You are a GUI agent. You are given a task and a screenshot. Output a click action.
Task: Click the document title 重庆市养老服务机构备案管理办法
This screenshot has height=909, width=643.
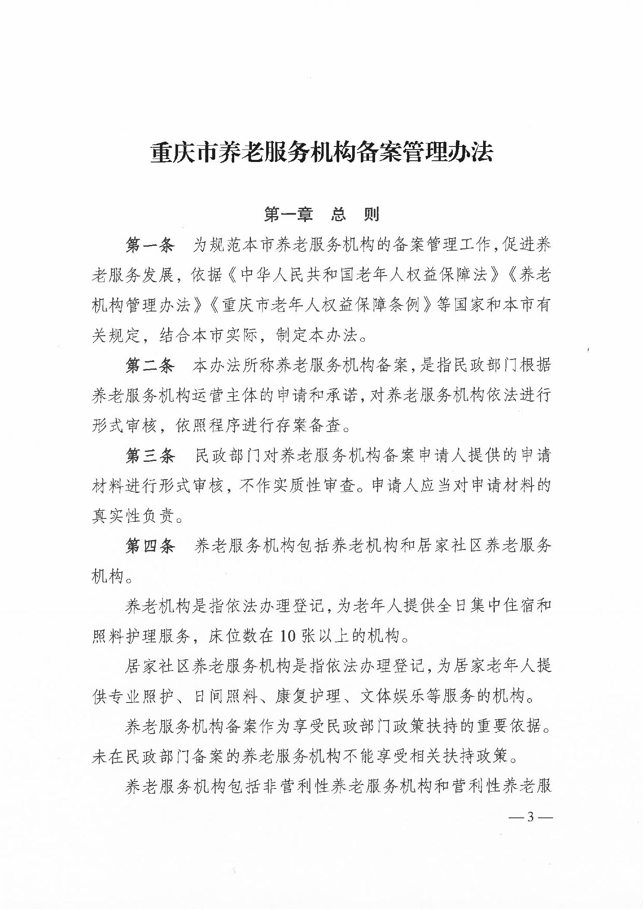321,153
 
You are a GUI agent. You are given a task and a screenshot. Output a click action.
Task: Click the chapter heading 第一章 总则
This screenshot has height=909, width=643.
321,214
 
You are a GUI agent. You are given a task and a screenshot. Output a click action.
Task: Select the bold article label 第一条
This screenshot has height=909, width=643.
150,245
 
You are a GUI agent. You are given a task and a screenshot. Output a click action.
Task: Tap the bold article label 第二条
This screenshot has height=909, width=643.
150,366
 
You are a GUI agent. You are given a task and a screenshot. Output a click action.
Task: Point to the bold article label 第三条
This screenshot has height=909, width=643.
150,456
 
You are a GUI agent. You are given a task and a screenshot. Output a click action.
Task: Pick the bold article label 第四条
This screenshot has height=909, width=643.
150,546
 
